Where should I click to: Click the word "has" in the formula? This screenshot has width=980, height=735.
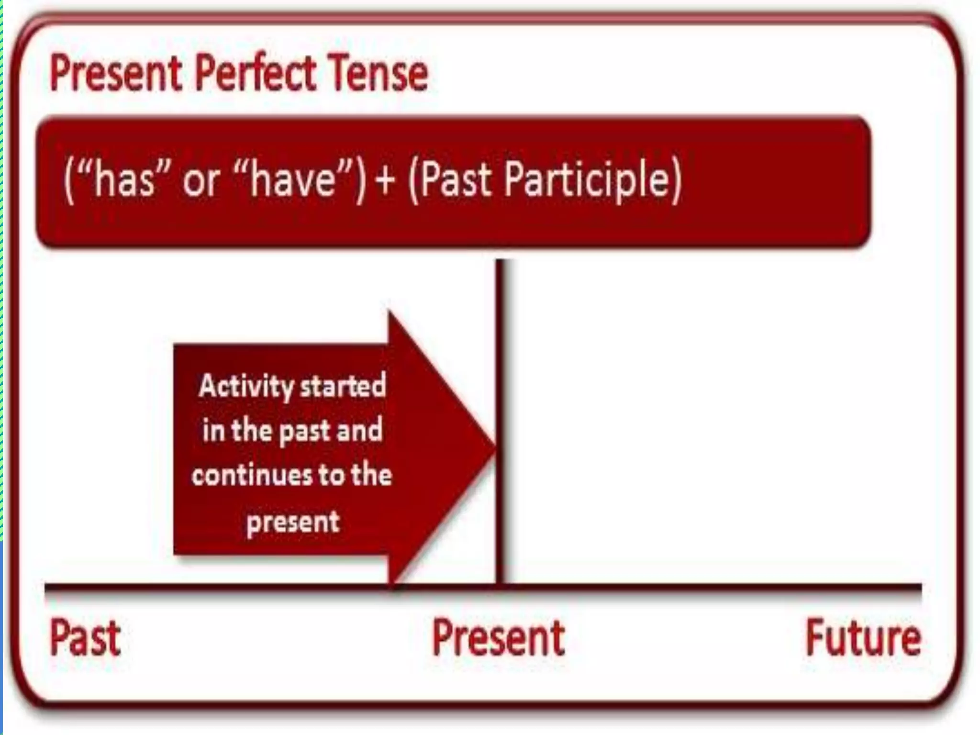coord(124,179)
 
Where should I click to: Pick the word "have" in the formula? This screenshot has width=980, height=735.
coord(292,179)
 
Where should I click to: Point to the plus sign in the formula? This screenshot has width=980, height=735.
coord(385,180)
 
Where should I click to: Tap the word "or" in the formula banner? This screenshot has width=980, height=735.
coord(201,181)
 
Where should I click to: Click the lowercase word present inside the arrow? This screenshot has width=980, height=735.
coord(293,522)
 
